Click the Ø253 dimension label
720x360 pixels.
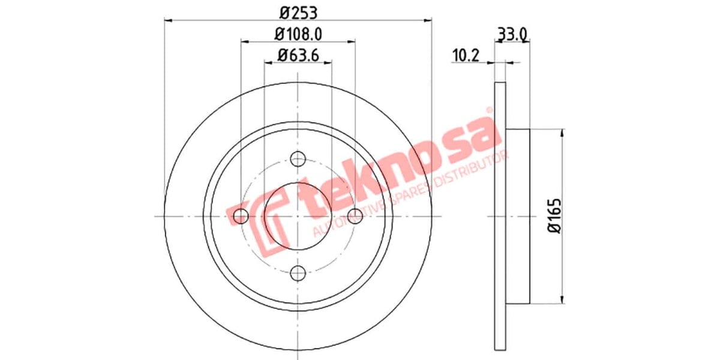[298, 11]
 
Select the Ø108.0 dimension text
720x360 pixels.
[298, 35]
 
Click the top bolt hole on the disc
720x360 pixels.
[298, 159]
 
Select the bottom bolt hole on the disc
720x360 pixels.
[298, 274]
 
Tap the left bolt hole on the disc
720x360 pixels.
[241, 216]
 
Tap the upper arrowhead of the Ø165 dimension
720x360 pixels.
[562, 133]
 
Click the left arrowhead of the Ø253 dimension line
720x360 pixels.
[169, 20]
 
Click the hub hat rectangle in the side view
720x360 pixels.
[518, 216]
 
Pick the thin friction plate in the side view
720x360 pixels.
[500, 216]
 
